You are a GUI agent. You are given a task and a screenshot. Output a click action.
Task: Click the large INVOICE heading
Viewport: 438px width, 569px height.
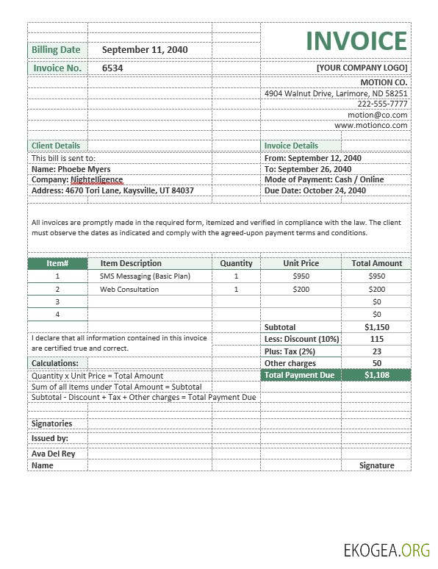tap(356, 41)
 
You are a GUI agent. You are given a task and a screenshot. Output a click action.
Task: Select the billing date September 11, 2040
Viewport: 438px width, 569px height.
tap(145, 50)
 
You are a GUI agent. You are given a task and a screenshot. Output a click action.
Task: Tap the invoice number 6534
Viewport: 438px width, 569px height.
tap(112, 68)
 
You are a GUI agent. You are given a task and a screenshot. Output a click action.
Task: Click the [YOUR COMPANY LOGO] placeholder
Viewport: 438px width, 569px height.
tap(362, 68)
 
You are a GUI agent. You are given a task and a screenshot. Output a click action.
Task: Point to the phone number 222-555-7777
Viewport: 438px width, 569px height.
tap(382, 104)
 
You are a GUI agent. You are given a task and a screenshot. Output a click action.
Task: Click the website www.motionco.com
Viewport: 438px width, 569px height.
tap(370, 126)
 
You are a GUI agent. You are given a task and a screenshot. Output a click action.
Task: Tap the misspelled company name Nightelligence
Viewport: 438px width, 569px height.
tap(96, 179)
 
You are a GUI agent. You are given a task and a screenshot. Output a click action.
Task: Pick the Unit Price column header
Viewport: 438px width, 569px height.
tap(301, 263)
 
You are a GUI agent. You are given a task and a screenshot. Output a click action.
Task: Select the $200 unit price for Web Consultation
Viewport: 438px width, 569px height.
tap(301, 290)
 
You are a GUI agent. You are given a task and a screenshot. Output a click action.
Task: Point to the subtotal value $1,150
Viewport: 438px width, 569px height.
tap(377, 327)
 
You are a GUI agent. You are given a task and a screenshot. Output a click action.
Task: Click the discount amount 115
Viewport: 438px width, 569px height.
tap(377, 339)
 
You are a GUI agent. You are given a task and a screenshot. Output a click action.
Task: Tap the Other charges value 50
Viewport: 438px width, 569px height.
tap(377, 363)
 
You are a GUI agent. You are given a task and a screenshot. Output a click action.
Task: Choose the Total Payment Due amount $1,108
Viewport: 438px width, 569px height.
tap(377, 375)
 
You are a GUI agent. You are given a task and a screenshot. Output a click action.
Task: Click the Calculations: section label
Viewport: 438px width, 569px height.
tap(54, 363)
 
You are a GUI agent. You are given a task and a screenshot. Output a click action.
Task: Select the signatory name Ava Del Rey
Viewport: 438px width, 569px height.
tap(53, 454)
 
